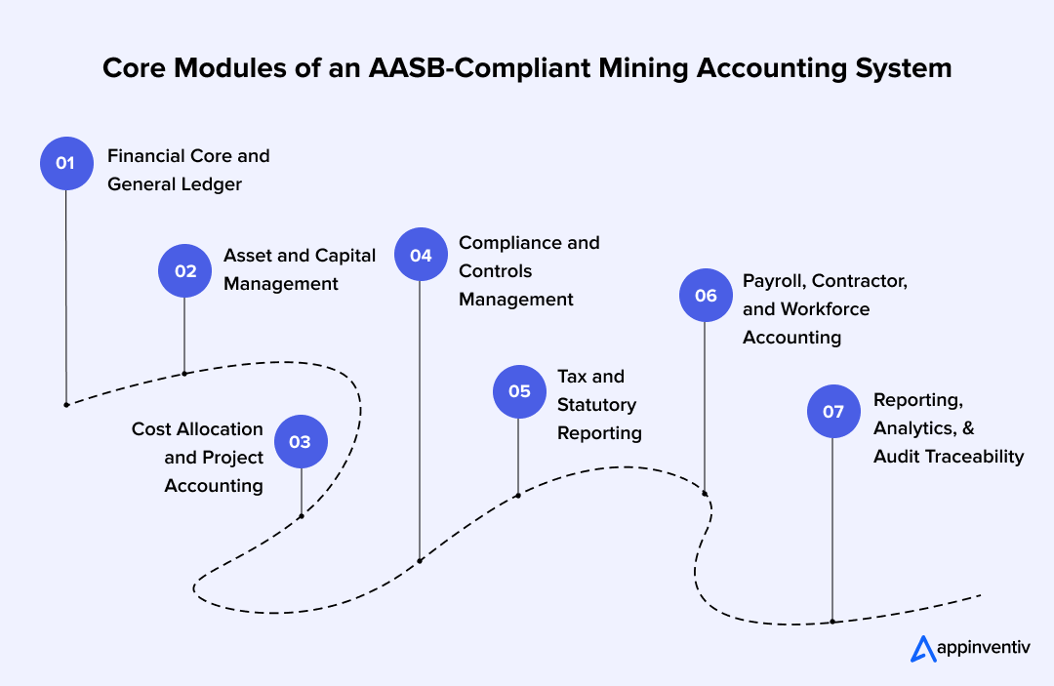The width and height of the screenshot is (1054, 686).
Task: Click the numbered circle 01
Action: pos(65,163)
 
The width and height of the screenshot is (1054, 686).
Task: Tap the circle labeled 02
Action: pos(184,270)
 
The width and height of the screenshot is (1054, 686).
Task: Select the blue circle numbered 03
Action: pos(301,442)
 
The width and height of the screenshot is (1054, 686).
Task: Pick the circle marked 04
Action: pos(421,255)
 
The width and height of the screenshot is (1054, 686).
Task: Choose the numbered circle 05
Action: pos(519,391)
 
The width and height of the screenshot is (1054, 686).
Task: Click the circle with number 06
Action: pos(706,295)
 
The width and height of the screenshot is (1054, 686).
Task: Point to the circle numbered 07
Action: pos(832,411)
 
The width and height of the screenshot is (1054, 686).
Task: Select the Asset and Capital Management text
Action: pos(300,269)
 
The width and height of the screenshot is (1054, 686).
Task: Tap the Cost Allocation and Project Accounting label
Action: pos(198,457)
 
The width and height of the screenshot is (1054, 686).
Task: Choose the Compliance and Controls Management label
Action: pos(529,270)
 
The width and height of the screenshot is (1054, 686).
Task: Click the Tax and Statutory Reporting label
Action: pos(599,404)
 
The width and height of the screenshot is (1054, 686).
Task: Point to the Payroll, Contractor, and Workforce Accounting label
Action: pos(826,308)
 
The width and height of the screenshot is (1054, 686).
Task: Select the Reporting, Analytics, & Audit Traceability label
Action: pos(949,427)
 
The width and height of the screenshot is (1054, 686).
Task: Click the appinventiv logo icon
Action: pos(922,648)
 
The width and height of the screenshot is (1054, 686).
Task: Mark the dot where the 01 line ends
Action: pos(65,404)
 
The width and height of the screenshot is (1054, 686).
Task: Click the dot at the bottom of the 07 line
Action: pos(832,621)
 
